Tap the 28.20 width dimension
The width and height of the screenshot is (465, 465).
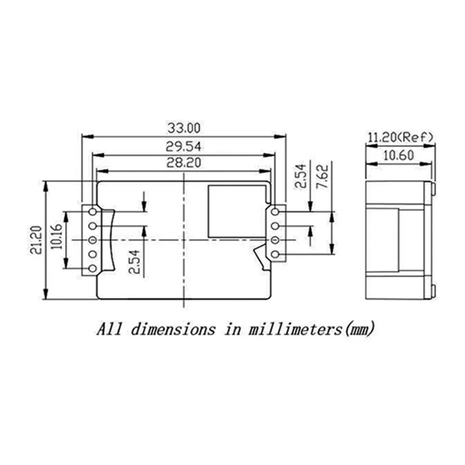(x=184, y=164)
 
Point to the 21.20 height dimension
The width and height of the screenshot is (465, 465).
(x=37, y=239)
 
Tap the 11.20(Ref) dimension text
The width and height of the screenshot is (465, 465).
(x=400, y=137)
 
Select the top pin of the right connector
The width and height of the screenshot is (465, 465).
(x=276, y=213)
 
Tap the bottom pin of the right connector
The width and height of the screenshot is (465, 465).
(x=276, y=254)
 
